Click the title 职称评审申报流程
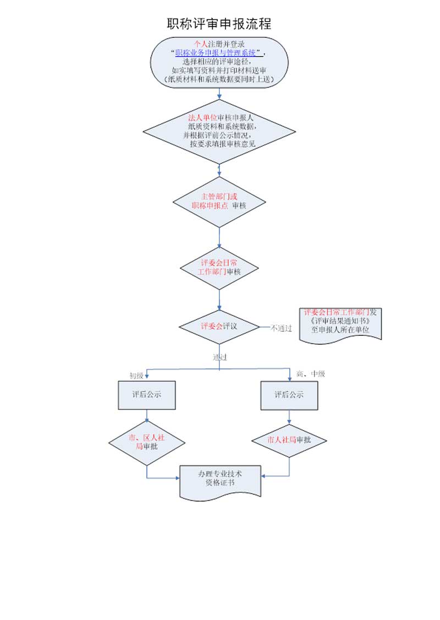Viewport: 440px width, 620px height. (x=219, y=24)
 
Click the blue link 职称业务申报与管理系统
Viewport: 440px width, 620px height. (x=216, y=53)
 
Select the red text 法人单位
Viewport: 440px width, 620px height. (x=202, y=118)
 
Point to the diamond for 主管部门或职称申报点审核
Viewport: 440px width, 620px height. (x=219, y=202)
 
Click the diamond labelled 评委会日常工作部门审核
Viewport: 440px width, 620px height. (x=219, y=268)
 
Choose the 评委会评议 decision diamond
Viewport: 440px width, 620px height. (x=219, y=326)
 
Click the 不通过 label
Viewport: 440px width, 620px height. (x=281, y=328)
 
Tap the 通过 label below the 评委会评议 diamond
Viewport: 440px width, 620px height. (x=220, y=357)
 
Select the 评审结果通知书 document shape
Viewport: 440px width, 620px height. (x=340, y=325)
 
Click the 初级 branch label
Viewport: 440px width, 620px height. (x=136, y=376)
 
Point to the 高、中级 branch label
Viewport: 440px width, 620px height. (x=310, y=374)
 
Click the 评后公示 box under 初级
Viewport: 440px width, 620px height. (x=146, y=395)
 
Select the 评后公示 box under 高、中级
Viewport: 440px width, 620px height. (x=289, y=395)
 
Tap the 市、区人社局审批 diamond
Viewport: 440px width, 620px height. (x=146, y=442)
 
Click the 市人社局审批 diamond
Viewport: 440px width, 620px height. (x=289, y=440)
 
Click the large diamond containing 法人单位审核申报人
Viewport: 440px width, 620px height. (x=219, y=132)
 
